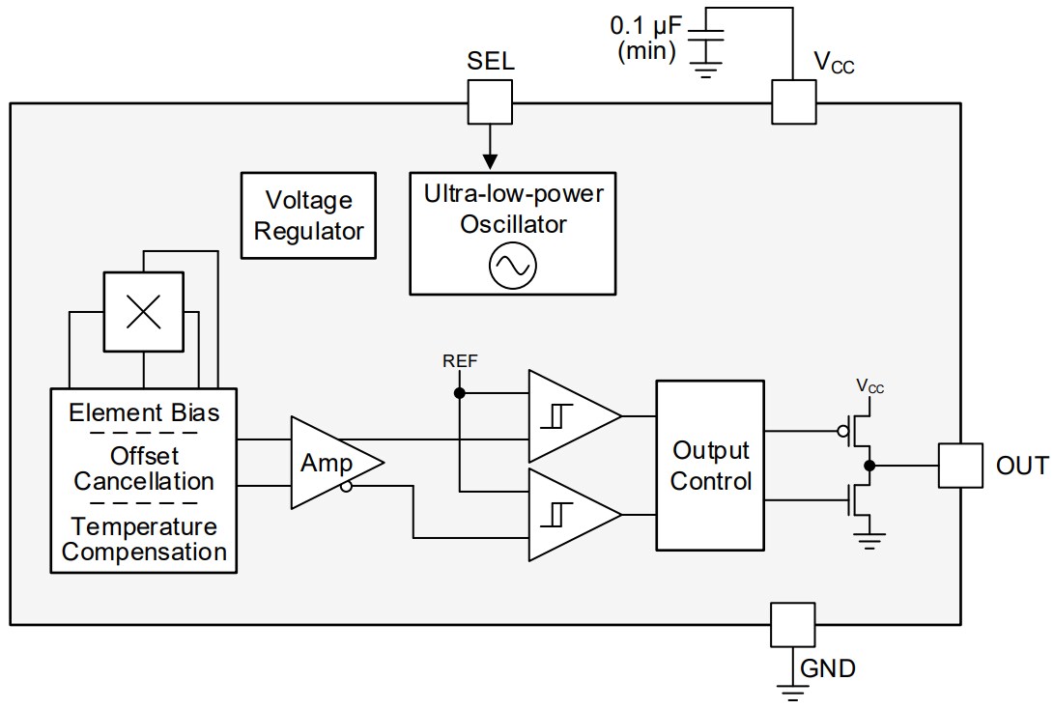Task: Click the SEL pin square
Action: [490, 100]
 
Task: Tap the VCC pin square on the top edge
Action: [794, 100]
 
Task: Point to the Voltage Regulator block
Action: [309, 215]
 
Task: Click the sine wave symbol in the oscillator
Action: [512, 268]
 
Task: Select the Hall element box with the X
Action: [143, 311]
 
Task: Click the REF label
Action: [460, 362]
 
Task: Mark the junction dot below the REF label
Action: [460, 393]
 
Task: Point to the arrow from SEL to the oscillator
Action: [490, 145]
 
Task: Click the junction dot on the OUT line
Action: [869, 466]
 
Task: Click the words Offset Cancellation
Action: [144, 468]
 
